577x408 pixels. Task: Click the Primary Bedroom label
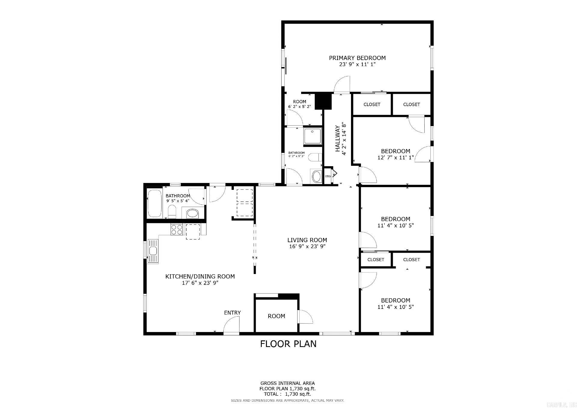click(x=357, y=58)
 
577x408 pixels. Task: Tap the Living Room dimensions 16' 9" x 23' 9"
click(x=307, y=247)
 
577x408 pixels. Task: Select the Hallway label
click(x=338, y=139)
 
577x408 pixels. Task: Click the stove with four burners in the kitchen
click(x=177, y=230)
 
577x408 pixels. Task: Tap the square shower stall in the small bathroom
click(x=312, y=136)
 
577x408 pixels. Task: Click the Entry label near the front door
click(x=232, y=313)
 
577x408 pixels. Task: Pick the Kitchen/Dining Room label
click(x=200, y=276)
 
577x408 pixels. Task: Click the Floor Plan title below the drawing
click(x=288, y=344)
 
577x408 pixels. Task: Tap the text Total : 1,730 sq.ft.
click(x=287, y=394)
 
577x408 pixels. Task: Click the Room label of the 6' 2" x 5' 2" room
click(x=299, y=102)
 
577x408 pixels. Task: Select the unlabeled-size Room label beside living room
click(x=276, y=316)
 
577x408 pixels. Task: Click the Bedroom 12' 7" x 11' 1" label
click(x=395, y=151)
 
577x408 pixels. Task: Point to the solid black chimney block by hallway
click(x=323, y=101)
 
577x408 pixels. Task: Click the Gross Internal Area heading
click(x=287, y=383)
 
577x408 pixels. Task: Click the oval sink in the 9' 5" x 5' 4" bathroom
click(x=192, y=214)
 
